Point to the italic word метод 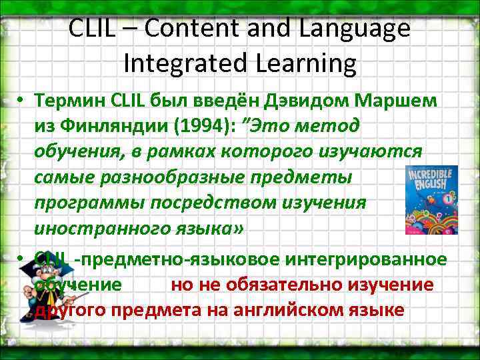pos(329,125)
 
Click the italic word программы pos(82,203)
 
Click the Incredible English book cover pos(431,199)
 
